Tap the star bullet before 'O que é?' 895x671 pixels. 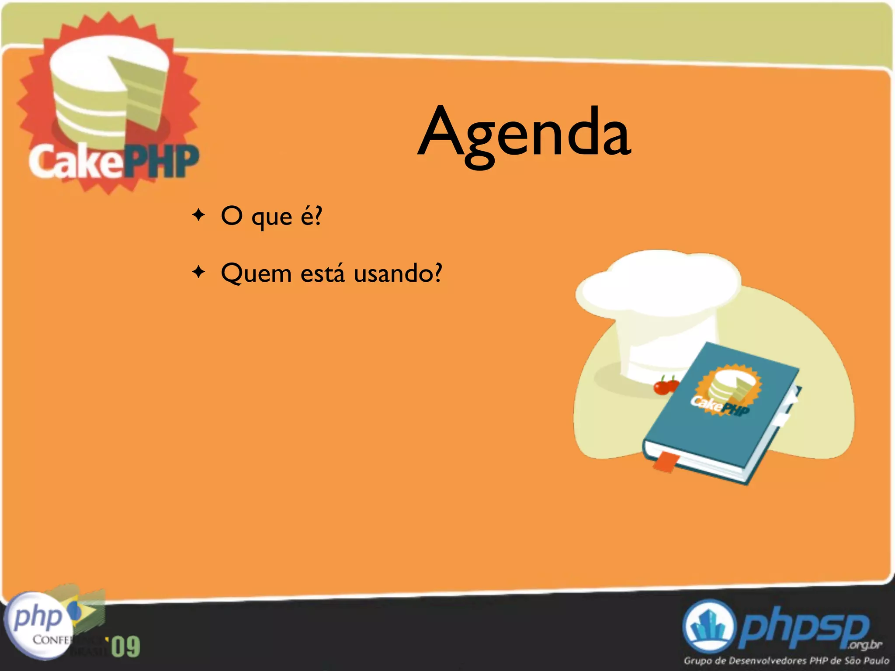pyautogui.click(x=199, y=215)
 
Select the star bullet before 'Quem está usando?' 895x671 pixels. pyautogui.click(x=199, y=272)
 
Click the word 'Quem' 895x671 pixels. pyautogui.click(x=256, y=273)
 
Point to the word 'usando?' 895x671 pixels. pyautogui.click(x=398, y=273)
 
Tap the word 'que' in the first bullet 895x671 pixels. pyautogui.click(x=272, y=218)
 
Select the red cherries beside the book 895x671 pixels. pyautogui.click(x=666, y=386)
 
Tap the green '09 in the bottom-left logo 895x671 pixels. pyautogui.click(x=125, y=647)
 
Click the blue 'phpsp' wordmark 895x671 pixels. pyautogui.click(x=804, y=627)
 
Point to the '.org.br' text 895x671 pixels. pyautogui.click(x=864, y=645)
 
